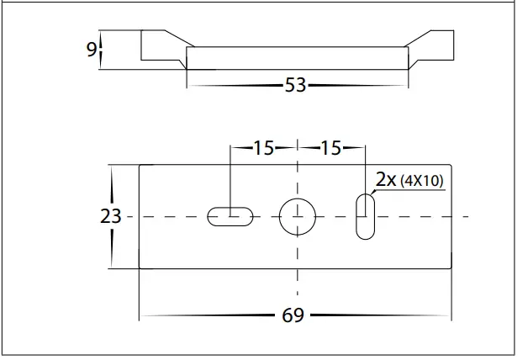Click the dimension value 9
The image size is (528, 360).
pyautogui.click(x=91, y=50)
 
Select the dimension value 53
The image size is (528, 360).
pyautogui.click(x=294, y=85)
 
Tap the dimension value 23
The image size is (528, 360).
pyautogui.click(x=110, y=216)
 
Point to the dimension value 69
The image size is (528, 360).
pyautogui.click(x=293, y=316)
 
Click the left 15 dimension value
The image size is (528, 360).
pyautogui.click(x=263, y=149)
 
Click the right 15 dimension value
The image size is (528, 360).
pyautogui.click(x=330, y=149)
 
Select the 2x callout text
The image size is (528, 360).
pyautogui.click(x=386, y=179)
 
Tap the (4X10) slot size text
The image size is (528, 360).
pyautogui.click(x=421, y=180)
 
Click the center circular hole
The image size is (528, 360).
pyautogui.click(x=296, y=216)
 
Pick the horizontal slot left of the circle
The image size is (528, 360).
pyautogui.click(x=230, y=216)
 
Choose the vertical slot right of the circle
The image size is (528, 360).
pyautogui.click(x=365, y=216)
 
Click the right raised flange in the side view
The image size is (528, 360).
pyautogui.click(x=433, y=46)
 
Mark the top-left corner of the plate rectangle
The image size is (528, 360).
pyautogui.click(x=139, y=165)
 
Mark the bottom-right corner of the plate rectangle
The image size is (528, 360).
pyautogui.click(x=451, y=268)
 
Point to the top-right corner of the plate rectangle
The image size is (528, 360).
pyautogui.click(x=451, y=165)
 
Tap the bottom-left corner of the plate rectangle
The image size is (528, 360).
pyautogui.click(x=139, y=268)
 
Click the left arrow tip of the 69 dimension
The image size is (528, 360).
pyautogui.click(x=140, y=316)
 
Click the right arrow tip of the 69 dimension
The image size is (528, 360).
pyautogui.click(x=451, y=316)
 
